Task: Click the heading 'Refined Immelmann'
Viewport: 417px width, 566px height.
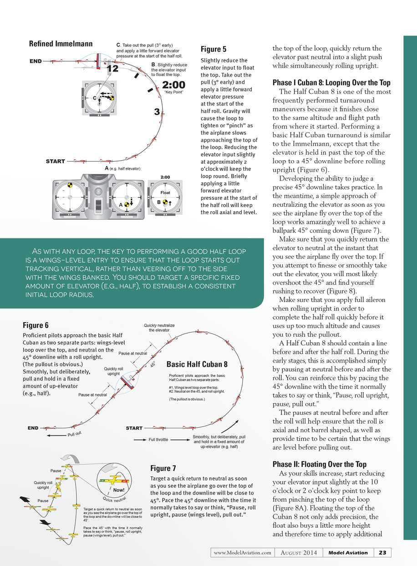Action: point(61,44)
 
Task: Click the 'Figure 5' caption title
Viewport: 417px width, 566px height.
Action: point(214,49)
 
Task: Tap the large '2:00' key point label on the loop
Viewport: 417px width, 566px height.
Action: point(173,85)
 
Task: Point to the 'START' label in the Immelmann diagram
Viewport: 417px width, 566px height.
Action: point(56,162)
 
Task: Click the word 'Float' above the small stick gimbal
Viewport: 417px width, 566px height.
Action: point(165,193)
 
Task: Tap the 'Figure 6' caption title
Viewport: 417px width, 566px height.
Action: point(36,325)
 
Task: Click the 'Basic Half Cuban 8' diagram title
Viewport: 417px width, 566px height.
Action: point(197,364)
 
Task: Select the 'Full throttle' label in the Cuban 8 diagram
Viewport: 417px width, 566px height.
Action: point(158,440)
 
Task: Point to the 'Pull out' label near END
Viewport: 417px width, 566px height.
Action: point(74,434)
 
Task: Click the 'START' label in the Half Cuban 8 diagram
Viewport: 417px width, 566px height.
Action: point(134,428)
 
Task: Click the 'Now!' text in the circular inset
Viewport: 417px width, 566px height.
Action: point(119,490)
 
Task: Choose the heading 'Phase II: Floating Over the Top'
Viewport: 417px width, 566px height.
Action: point(319,465)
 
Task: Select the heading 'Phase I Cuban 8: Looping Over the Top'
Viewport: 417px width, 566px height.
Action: point(331,83)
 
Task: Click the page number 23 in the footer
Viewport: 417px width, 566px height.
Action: point(382,553)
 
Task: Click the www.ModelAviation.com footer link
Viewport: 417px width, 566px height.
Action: point(242,553)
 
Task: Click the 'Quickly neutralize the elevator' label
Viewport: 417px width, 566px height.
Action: point(159,328)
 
